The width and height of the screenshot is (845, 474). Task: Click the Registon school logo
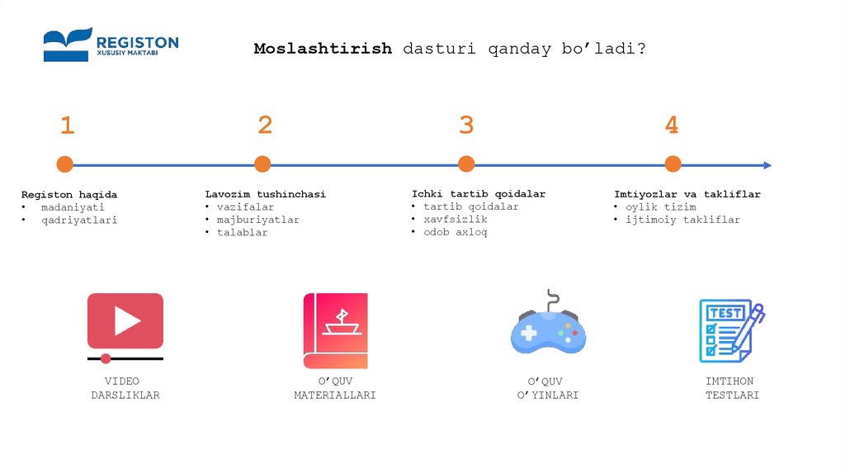click(x=111, y=45)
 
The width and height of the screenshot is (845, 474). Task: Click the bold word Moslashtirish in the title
click(x=323, y=49)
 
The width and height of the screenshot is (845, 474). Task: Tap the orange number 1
click(x=67, y=126)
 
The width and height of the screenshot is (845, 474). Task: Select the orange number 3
click(x=466, y=126)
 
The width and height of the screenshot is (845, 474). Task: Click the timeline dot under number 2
click(x=262, y=164)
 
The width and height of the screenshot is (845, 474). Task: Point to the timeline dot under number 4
click(x=673, y=164)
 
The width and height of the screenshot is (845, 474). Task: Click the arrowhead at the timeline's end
click(x=767, y=165)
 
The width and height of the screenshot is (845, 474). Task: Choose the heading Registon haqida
click(x=69, y=195)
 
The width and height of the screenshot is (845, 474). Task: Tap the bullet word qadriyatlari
click(x=79, y=220)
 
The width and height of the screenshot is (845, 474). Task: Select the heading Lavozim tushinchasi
click(x=265, y=194)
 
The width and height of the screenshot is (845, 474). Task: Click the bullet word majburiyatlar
click(x=258, y=220)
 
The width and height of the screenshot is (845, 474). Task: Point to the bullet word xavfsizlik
click(x=456, y=220)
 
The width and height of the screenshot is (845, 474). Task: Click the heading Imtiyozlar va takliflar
click(x=687, y=194)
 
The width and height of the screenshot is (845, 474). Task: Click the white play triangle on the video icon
click(x=126, y=320)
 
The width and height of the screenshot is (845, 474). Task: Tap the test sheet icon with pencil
click(x=730, y=330)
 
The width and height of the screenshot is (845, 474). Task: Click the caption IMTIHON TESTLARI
click(x=731, y=388)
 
